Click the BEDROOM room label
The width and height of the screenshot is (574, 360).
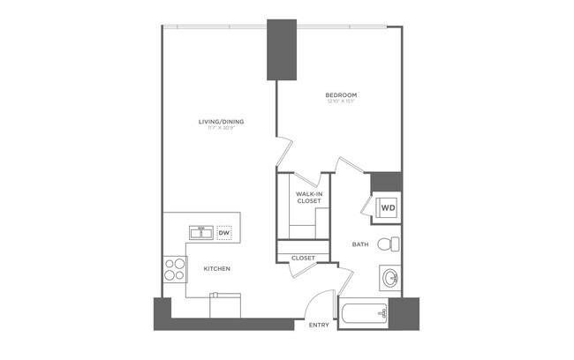[341, 94]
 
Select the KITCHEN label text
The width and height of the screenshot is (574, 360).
[217, 268]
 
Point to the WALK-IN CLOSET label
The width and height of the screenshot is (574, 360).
[308, 197]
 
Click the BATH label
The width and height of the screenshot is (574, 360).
[360, 244]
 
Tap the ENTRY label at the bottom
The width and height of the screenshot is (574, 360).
[319, 326]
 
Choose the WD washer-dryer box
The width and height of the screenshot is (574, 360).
[387, 209]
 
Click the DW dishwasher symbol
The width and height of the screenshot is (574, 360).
[224, 233]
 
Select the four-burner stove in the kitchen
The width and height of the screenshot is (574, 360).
[174, 268]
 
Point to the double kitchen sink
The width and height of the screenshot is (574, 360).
[201, 233]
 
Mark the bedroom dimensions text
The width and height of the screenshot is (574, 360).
[341, 101]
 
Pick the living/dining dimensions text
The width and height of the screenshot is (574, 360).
[221, 129]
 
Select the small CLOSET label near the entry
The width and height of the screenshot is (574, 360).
[304, 258]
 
